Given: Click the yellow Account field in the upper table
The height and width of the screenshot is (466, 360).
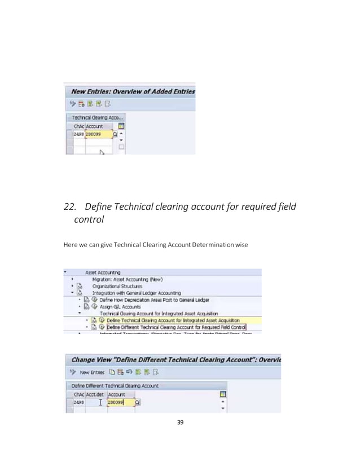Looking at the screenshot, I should (x=98, y=135).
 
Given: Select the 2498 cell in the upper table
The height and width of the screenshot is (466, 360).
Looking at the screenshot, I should (x=79, y=135).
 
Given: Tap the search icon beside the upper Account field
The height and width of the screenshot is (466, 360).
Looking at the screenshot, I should (x=115, y=135).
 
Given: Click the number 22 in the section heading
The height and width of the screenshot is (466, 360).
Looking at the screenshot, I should (x=70, y=207).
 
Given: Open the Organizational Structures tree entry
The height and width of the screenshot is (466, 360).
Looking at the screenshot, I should (x=120, y=286).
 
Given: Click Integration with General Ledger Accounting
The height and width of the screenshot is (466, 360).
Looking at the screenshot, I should (x=137, y=293).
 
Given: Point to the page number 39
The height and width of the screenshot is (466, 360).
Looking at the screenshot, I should (x=180, y=423).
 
